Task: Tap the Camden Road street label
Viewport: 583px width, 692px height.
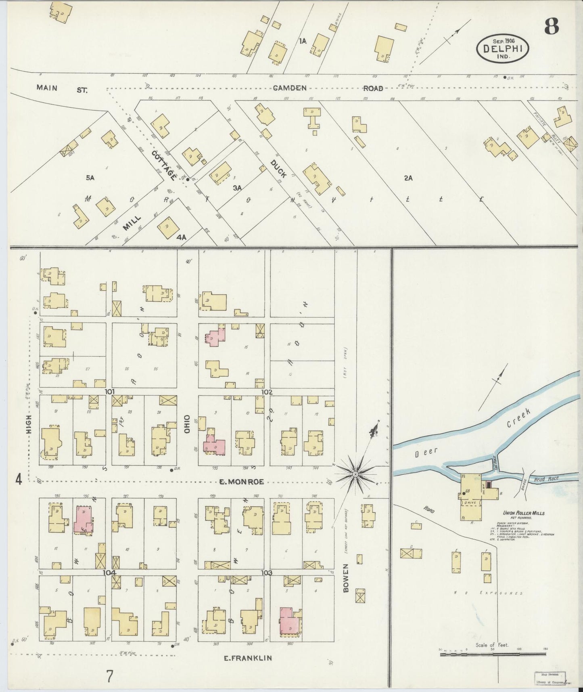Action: click(327, 88)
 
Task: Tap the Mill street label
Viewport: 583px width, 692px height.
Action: click(132, 223)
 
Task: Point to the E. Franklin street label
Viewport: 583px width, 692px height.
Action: click(248, 658)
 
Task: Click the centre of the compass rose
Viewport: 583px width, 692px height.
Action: click(355, 474)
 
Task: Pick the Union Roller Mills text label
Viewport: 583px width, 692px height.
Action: click(523, 513)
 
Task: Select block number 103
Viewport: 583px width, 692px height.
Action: click(267, 572)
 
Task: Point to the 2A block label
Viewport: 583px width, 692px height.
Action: click(408, 178)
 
